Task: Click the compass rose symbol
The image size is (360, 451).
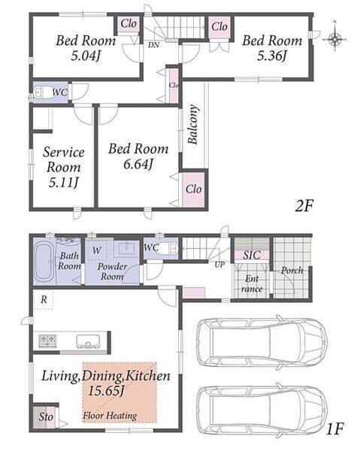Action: [335, 38]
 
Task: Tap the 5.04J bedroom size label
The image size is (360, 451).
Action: [86, 56]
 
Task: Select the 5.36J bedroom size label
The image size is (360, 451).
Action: [272, 56]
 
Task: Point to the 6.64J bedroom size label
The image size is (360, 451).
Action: [138, 164]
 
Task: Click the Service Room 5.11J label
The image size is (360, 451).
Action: [64, 168]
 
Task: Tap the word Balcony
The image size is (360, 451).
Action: [193, 124]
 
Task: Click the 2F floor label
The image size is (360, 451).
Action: [304, 206]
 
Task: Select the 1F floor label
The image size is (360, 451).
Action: [335, 429]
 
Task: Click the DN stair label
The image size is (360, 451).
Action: [154, 45]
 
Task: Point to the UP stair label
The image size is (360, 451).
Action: [219, 265]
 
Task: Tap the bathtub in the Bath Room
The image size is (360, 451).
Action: [44, 262]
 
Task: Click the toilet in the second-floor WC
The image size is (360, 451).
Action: [41, 92]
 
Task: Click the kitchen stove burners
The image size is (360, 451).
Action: [48, 341]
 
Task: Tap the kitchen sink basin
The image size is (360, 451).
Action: [88, 341]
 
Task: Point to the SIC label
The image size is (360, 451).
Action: [252, 255]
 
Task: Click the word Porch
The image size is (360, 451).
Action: [292, 271]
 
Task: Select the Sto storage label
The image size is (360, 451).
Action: [46, 416]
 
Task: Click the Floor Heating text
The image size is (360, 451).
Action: [110, 416]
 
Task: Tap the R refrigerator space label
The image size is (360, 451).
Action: [44, 300]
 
